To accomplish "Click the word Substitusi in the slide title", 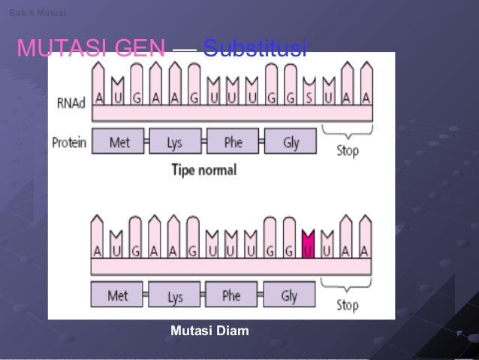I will tap(255, 50).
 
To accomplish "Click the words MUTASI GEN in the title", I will tap(91, 50).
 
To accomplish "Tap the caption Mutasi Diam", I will tap(209, 330).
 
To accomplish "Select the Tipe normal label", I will tap(203, 169).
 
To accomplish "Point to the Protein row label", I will tap(69, 141).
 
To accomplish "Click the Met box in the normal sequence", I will tap(119, 142).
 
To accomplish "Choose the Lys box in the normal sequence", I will tap(175, 142).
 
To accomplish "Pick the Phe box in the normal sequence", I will tap(232, 142).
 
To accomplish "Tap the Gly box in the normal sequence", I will tap(291, 142).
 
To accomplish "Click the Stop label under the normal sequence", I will tap(347, 150).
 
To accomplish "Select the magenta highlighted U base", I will tap(307, 245).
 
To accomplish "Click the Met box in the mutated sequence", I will tap(118, 295).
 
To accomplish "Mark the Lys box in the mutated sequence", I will tap(175, 296).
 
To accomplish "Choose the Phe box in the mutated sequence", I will tap(231, 295).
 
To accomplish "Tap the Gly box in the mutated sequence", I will tap(289, 295).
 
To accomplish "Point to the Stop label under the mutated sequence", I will tap(347, 305).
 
